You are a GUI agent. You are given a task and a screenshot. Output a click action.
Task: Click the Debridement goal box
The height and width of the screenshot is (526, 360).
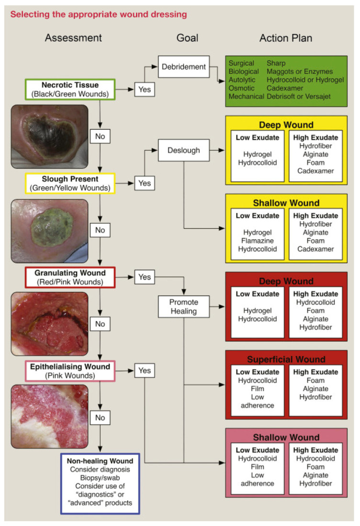tap(184, 67)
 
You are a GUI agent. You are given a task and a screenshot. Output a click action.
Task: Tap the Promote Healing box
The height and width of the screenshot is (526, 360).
tap(184, 307)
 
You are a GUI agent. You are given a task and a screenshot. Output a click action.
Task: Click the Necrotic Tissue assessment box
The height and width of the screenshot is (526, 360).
tap(70, 90)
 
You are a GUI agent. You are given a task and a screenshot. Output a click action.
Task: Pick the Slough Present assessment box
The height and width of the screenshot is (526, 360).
tap(70, 183)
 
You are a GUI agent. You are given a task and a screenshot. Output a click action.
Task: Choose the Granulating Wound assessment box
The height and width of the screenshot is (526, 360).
tap(70, 277)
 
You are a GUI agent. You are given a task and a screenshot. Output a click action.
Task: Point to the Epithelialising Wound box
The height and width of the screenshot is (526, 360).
tap(70, 371)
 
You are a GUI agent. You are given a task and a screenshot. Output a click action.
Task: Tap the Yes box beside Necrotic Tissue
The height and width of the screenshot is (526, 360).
tap(145, 89)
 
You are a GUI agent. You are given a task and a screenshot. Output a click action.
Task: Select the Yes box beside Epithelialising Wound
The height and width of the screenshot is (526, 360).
tap(145, 370)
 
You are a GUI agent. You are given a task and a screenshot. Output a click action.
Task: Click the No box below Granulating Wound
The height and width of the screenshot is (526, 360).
tap(100, 324)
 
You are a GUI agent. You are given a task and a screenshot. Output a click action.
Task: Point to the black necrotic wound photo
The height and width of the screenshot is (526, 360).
tap(50, 136)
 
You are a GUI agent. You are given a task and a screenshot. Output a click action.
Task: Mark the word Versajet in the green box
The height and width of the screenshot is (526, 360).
tap(315, 96)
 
